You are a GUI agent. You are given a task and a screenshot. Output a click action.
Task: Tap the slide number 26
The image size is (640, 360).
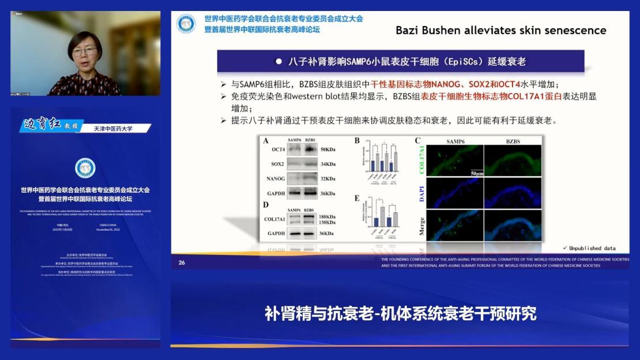coord(182,262)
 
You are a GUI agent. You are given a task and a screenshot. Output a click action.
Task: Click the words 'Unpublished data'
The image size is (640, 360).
coord(592,249)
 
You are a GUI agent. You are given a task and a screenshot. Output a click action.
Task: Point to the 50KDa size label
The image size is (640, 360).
coord(330,149)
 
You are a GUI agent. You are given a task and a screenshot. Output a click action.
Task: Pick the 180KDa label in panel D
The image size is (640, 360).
coord(328,216)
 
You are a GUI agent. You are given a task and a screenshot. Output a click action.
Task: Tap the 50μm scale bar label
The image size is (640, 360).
coord(476,172)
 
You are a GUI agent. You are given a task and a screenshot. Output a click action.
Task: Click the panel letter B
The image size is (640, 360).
coord(357,140)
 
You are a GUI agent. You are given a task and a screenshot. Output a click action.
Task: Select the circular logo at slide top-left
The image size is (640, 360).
coord(186,24)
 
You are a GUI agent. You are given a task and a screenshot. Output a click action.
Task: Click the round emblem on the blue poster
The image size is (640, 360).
coord(85,168)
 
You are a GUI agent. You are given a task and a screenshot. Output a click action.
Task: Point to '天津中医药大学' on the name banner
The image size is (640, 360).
coord(113,129)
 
